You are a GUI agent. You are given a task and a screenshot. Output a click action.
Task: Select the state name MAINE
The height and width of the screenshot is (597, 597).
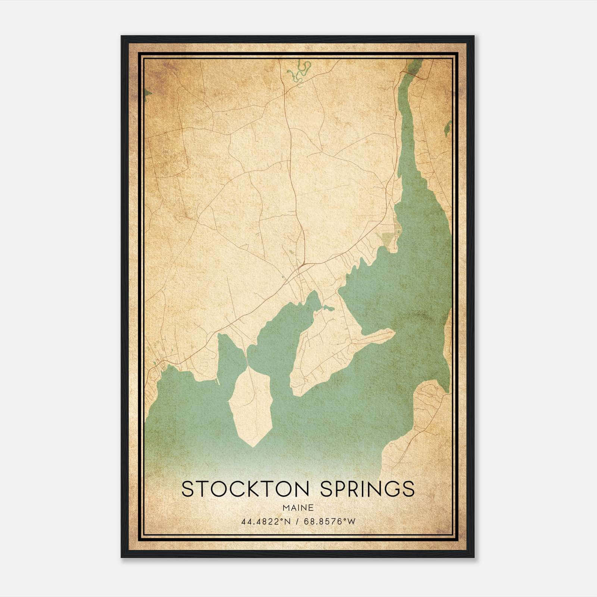(x=298, y=507)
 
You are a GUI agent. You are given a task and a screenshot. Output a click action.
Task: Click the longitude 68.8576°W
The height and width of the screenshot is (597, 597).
(x=330, y=522)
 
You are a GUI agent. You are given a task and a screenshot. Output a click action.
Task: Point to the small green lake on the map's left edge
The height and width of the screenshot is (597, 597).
(x=147, y=93)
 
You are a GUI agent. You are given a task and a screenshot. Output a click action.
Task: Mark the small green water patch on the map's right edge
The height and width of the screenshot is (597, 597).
(x=447, y=129)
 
